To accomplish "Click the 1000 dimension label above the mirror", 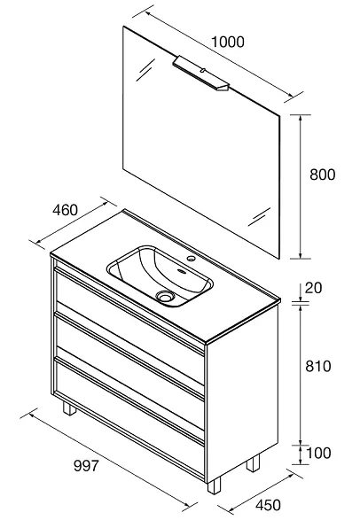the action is [x=228, y=43].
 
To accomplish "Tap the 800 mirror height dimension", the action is [x=322, y=175].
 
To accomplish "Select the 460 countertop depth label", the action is [x=65, y=210].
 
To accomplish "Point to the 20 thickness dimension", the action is [x=313, y=288].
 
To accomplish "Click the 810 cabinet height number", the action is [x=317, y=366].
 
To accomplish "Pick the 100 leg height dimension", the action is [x=318, y=453].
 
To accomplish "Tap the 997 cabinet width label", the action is [x=86, y=466].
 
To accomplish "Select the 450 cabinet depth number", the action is [x=268, y=505].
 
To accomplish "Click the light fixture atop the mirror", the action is [x=201, y=73].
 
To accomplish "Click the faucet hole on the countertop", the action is [x=192, y=259].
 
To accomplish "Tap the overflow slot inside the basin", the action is [x=182, y=271].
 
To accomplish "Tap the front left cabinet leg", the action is [x=69, y=408].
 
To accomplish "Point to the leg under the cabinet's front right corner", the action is [x=214, y=485].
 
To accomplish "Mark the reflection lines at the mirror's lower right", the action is [x=259, y=216].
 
